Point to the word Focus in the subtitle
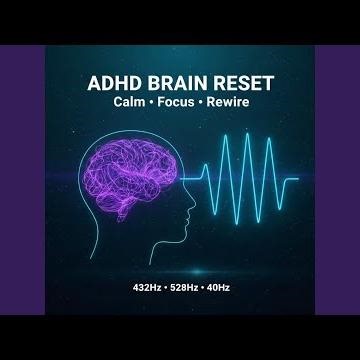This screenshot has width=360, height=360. tap(178, 104)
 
